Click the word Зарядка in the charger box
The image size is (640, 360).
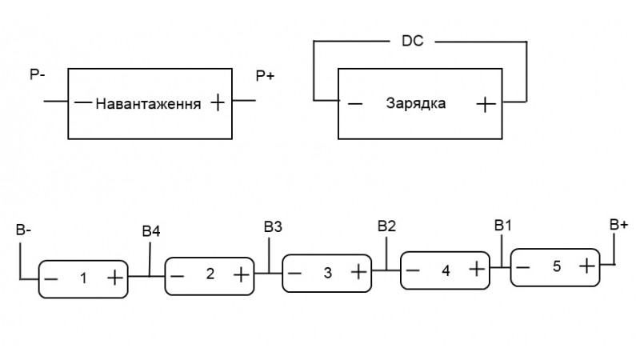(x=415, y=104)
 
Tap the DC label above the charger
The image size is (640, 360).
(x=413, y=38)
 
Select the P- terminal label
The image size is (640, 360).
(x=36, y=74)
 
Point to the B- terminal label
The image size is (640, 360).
(x=24, y=231)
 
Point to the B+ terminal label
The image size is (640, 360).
(x=618, y=226)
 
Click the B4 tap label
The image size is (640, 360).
(x=151, y=232)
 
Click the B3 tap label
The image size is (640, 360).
(x=273, y=226)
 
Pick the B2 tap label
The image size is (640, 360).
(x=386, y=226)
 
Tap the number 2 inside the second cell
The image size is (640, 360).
(x=210, y=274)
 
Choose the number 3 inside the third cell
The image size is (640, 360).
(x=327, y=273)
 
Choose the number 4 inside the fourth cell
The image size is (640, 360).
(x=445, y=270)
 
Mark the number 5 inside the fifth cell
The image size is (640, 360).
(x=557, y=266)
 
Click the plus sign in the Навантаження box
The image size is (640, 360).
(x=216, y=102)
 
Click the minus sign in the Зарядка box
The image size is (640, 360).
(x=355, y=104)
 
